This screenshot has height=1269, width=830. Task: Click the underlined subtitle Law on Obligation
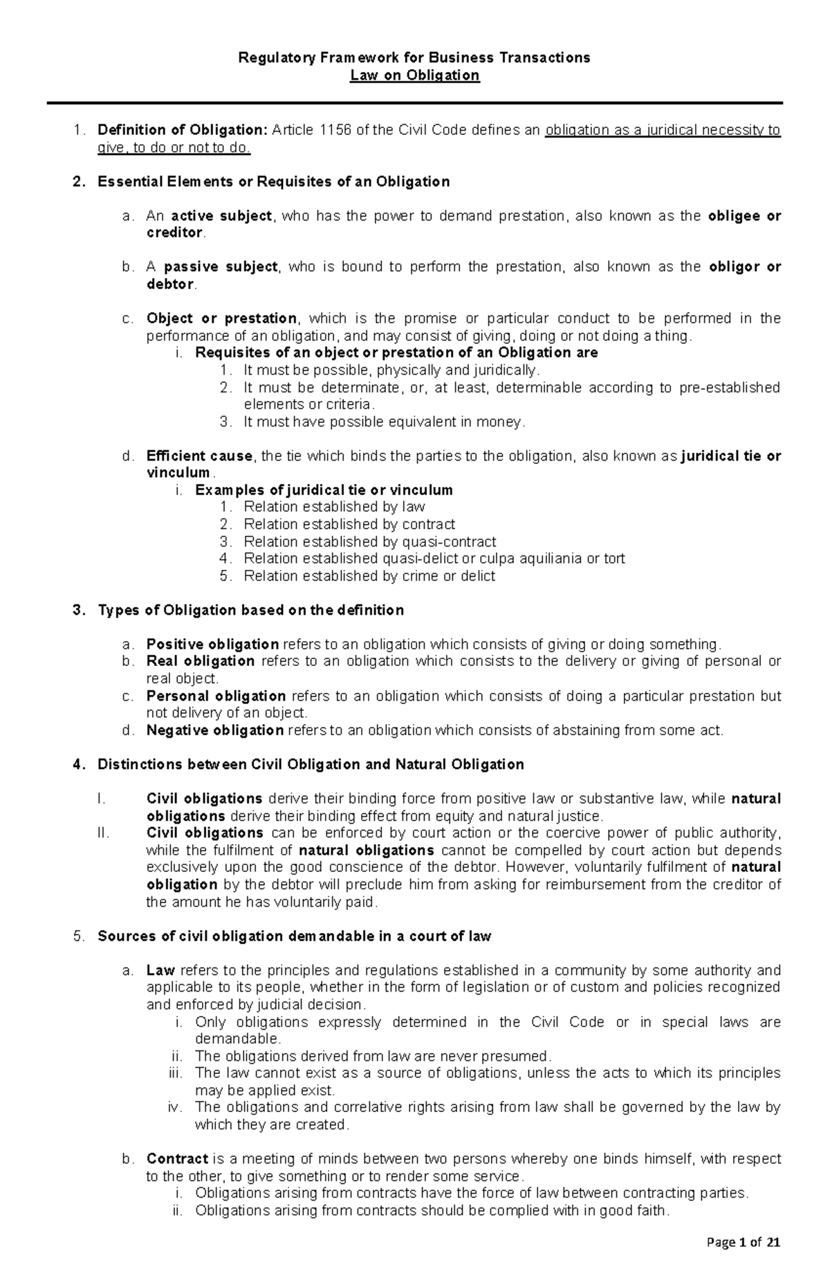coord(414,75)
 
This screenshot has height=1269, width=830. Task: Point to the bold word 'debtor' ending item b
coord(170,284)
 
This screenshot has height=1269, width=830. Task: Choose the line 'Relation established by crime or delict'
coord(369,576)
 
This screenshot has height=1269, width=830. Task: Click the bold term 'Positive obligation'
coord(212,645)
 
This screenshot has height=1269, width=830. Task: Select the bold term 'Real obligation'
coord(201,661)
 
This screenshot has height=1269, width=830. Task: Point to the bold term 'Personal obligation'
coord(216,696)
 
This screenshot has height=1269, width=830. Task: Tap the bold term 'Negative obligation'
coord(214,730)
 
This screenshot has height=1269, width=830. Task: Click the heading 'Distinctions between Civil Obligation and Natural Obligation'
coord(311,764)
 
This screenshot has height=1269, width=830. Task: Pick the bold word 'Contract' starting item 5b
coord(177,1159)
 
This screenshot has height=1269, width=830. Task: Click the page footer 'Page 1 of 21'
coord(744,1243)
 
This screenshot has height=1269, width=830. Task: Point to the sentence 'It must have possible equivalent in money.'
coord(384,422)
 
